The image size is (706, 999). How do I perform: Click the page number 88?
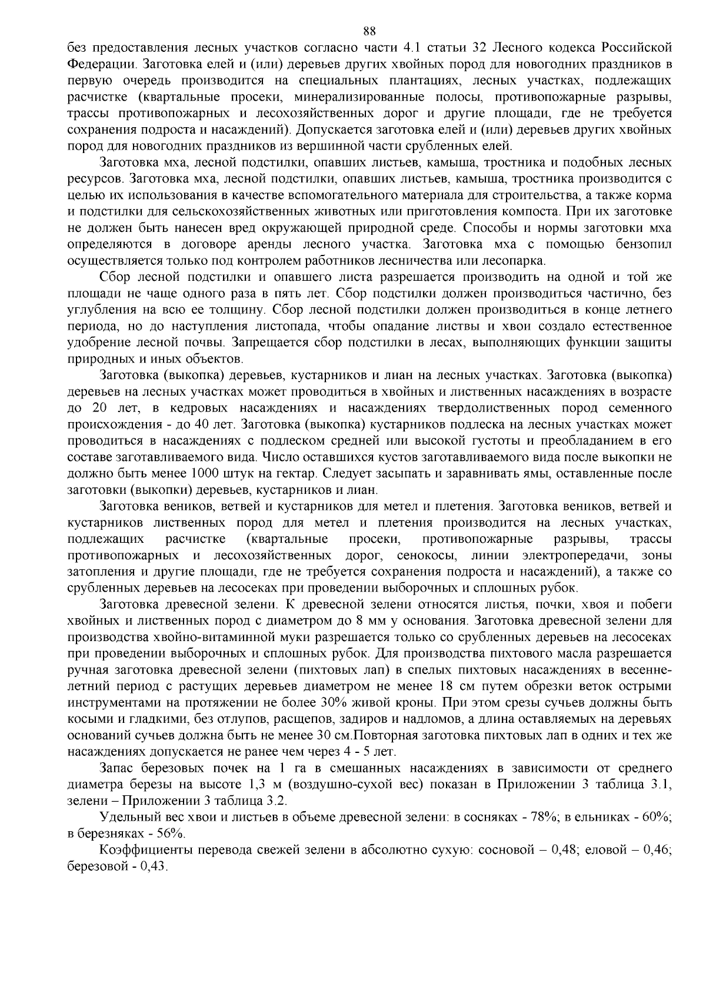[x=369, y=15]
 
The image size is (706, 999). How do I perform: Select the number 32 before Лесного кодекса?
[x=482, y=47]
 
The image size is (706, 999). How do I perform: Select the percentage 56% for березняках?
[x=171, y=834]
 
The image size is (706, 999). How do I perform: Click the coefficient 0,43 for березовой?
[x=153, y=867]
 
